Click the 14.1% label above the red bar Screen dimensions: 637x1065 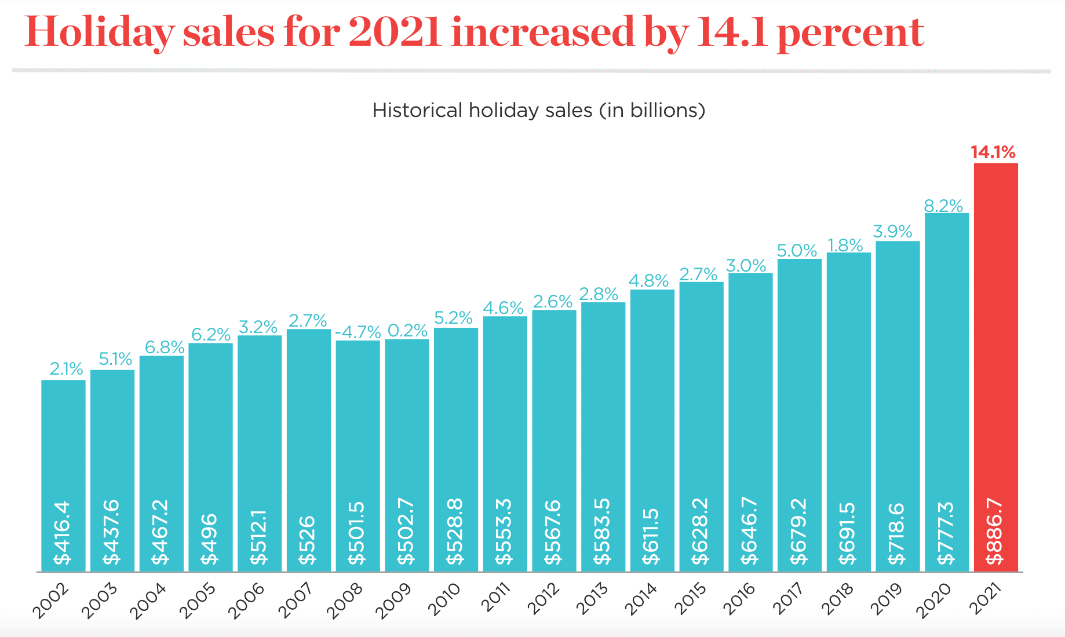coord(993,152)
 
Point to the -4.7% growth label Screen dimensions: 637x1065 coord(358,332)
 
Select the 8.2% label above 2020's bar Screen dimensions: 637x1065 coord(943,206)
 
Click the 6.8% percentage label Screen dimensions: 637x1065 coord(165,347)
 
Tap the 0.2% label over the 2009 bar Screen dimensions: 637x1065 coord(407,331)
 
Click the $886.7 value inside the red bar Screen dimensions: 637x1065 coord(995,532)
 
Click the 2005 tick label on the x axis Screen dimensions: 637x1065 coord(198,601)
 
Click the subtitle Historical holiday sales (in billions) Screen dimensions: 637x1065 coord(538,110)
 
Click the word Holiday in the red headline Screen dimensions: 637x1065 coord(99,32)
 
